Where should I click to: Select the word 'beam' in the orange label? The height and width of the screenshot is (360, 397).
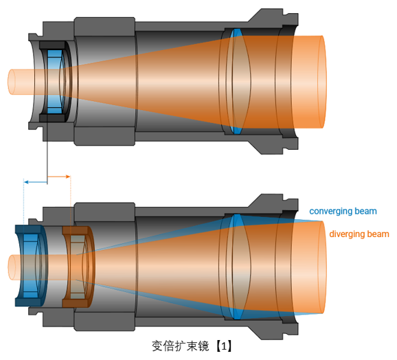pos(378,234)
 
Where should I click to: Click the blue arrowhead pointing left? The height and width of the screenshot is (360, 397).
pos(26,182)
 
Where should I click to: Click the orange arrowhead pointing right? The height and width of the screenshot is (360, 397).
pos(68,177)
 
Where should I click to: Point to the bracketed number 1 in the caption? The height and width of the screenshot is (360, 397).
pos(224,346)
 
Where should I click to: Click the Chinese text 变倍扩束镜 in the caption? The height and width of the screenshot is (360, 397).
pos(180,346)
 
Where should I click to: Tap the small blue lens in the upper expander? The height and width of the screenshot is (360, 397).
pos(55,82)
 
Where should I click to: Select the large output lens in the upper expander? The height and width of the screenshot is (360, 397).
pos(238,82)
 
